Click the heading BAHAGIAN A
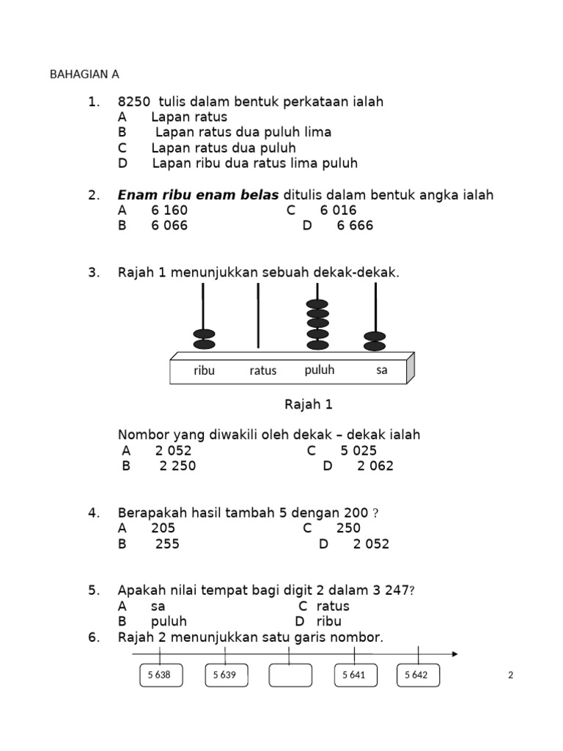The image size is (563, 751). pos(84,75)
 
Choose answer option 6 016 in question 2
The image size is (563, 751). pos(338,210)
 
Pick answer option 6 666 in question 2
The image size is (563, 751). pos(355,226)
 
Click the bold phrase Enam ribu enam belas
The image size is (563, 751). pos(198,195)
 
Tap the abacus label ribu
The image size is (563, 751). pos(205,370)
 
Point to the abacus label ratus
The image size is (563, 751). pos(262,370)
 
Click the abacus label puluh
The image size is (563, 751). pos(319,370)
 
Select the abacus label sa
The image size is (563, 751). pos(381,370)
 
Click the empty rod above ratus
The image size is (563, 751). pos(258,315)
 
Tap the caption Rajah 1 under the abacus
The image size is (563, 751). pos(308,404)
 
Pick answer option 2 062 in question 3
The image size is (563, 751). pos(375,466)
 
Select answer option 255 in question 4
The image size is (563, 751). pos(167,544)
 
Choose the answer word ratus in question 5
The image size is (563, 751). pos(333,607)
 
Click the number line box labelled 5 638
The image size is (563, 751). pos(161,675)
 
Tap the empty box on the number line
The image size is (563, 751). pos(290,675)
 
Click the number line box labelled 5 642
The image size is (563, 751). pos(419,675)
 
